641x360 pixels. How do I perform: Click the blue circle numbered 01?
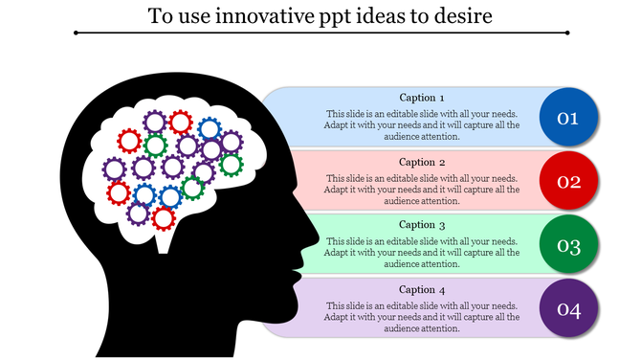click(568, 118)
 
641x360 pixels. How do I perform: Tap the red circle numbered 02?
click(568, 181)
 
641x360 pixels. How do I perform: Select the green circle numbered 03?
click(568, 246)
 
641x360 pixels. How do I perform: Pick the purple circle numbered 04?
click(568, 309)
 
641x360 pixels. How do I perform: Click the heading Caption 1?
click(422, 98)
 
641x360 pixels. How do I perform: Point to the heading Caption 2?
click(422, 162)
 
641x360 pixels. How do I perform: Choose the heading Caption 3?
click(422, 225)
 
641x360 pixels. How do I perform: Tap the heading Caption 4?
click(422, 289)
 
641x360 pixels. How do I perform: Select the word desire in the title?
click(462, 16)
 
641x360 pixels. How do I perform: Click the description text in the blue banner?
click(422, 124)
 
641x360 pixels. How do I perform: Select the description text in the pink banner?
click(422, 189)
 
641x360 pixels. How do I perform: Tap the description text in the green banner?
click(422, 253)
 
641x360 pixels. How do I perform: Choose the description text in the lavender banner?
click(422, 317)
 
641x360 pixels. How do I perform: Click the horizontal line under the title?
click(320, 34)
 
